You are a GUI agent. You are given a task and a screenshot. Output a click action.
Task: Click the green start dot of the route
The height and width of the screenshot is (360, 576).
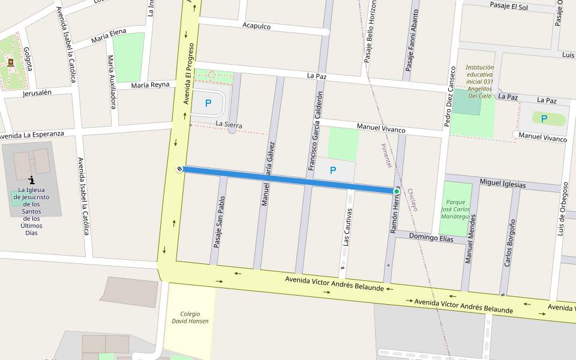396,191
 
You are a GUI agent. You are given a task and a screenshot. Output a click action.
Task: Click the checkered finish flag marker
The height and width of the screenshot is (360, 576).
179,169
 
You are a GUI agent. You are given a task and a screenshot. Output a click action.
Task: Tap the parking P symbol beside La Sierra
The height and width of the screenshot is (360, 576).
208,103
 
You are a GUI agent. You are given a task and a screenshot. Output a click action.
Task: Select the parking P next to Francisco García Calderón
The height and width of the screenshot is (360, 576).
333,170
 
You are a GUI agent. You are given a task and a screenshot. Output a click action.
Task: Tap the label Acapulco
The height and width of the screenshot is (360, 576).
257,26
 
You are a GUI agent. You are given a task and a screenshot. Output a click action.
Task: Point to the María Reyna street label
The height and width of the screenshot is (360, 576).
150,85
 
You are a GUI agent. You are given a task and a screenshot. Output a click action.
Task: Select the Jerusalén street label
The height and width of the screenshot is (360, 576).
37,93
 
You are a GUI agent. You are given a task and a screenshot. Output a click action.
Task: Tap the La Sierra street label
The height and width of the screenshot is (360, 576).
229,124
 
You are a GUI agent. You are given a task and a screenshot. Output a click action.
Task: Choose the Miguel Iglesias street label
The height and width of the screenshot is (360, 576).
503,184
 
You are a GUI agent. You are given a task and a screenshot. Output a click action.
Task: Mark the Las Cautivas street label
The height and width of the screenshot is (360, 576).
346,230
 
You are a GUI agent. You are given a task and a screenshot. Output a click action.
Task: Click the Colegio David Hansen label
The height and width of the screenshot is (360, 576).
190,317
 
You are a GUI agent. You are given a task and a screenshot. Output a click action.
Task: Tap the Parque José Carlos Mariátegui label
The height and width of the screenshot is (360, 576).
457,209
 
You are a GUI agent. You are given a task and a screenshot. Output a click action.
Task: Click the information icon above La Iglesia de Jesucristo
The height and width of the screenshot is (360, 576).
31,179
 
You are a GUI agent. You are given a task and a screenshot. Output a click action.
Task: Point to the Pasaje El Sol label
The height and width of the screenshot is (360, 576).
509,7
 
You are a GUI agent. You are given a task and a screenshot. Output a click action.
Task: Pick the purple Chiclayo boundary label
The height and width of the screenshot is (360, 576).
412,200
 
